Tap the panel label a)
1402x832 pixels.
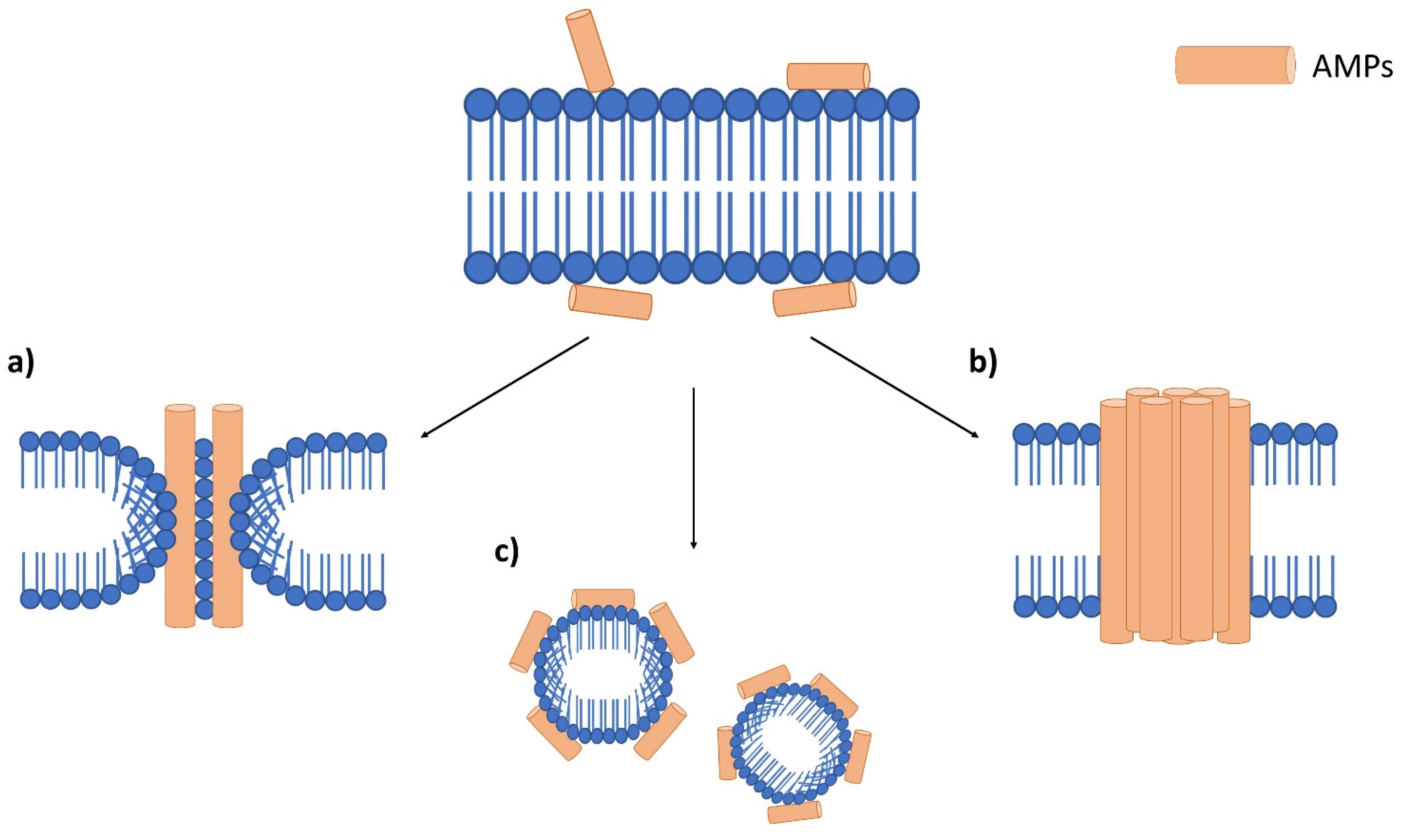click(x=21, y=363)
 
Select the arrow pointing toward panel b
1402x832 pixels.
click(x=895, y=387)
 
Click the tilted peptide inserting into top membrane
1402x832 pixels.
click(x=590, y=50)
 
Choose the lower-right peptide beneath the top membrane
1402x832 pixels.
click(x=814, y=299)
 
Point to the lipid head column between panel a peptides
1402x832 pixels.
click(x=204, y=527)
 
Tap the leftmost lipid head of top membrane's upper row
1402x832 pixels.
click(x=480, y=105)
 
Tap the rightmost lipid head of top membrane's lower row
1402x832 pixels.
click(x=903, y=267)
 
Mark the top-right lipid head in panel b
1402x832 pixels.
click(x=1326, y=434)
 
